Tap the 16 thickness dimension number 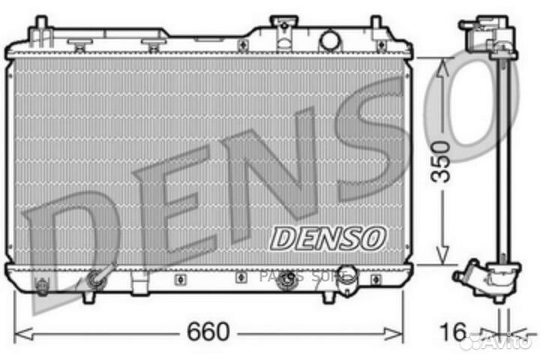click(454, 330)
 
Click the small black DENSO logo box click(328, 238)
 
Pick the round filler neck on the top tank click(329, 38)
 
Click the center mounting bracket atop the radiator click(283, 30)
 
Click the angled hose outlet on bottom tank click(97, 279)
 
